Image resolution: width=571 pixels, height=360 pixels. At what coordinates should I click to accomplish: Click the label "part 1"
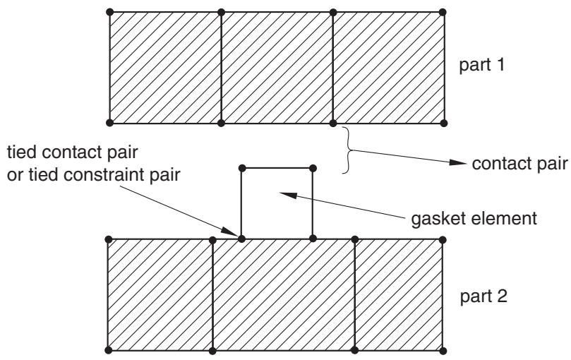tap(482, 65)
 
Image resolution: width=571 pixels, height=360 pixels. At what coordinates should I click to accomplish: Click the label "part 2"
tap(483, 296)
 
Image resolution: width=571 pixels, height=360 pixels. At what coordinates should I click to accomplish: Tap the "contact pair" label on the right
tap(520, 164)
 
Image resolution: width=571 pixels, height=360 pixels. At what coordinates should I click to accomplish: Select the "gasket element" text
tap(474, 219)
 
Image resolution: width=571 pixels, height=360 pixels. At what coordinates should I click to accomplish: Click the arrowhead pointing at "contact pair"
tap(458, 162)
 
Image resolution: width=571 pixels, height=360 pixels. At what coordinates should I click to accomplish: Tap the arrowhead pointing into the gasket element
tap(288, 195)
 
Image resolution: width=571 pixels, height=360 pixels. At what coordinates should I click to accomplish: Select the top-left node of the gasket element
tap(242, 168)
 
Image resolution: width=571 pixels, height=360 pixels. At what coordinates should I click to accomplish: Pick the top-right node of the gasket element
tap(313, 168)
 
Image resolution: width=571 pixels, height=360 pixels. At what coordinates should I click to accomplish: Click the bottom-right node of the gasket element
tap(313, 239)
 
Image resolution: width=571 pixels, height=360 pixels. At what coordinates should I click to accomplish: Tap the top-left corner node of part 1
tap(110, 12)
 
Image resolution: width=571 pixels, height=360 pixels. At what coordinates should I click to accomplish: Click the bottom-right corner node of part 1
tap(443, 123)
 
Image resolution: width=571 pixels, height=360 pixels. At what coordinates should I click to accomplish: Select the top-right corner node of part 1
tap(443, 12)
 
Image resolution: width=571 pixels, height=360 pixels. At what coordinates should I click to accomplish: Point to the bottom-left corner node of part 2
tap(108, 350)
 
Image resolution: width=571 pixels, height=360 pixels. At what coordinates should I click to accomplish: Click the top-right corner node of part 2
tap(443, 240)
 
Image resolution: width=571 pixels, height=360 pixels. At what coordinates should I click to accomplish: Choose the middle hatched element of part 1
tap(277, 68)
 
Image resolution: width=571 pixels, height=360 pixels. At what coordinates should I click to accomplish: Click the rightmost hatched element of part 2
tap(399, 295)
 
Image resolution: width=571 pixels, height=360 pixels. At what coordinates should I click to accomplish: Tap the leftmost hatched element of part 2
tap(160, 295)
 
